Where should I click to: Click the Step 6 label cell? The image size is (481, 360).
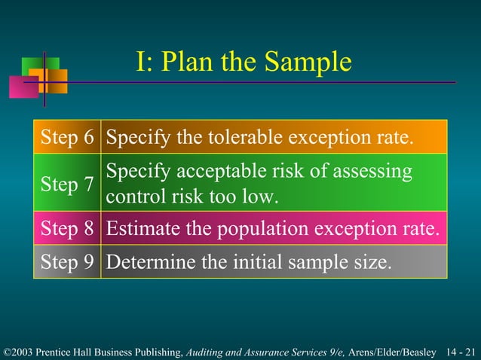67,138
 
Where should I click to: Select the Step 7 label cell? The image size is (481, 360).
67,185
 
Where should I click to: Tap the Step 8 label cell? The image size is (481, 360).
67,229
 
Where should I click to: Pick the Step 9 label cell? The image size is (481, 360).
67,263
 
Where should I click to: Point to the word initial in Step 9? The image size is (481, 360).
274,263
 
